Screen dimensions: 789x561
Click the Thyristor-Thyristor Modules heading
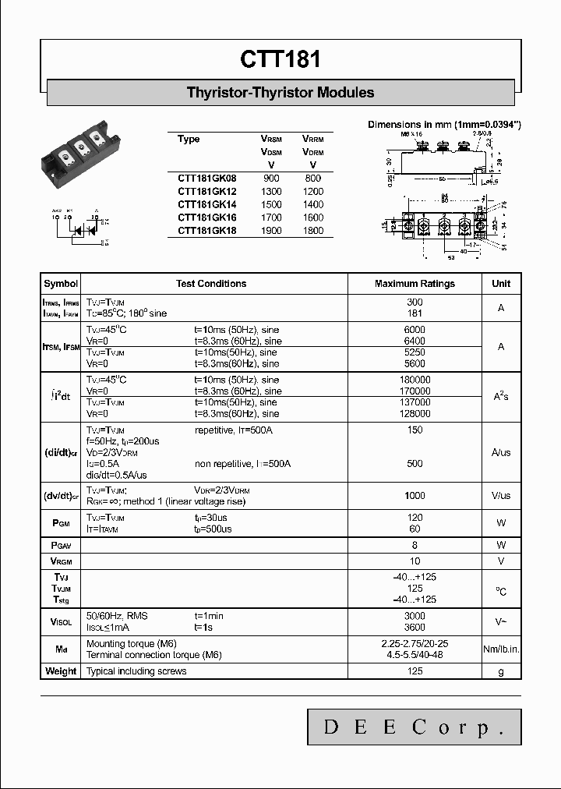(280, 93)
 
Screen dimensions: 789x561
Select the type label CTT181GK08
(206, 179)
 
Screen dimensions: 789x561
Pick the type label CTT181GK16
(206, 218)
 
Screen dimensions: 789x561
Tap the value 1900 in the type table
(271, 231)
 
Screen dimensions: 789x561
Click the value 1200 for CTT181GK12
(312, 192)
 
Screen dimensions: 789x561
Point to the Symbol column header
(61, 284)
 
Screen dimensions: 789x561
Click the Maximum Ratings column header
(415, 284)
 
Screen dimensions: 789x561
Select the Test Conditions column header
(211, 284)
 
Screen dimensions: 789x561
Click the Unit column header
(501, 284)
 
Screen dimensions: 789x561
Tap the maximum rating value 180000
(415, 380)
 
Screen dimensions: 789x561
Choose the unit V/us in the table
(501, 496)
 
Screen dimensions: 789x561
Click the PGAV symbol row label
(61, 545)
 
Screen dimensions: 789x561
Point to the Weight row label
(61, 671)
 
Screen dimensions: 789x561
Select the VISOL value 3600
(415, 628)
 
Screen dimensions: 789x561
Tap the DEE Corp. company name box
(413, 728)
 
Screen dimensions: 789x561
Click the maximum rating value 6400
(415, 341)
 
